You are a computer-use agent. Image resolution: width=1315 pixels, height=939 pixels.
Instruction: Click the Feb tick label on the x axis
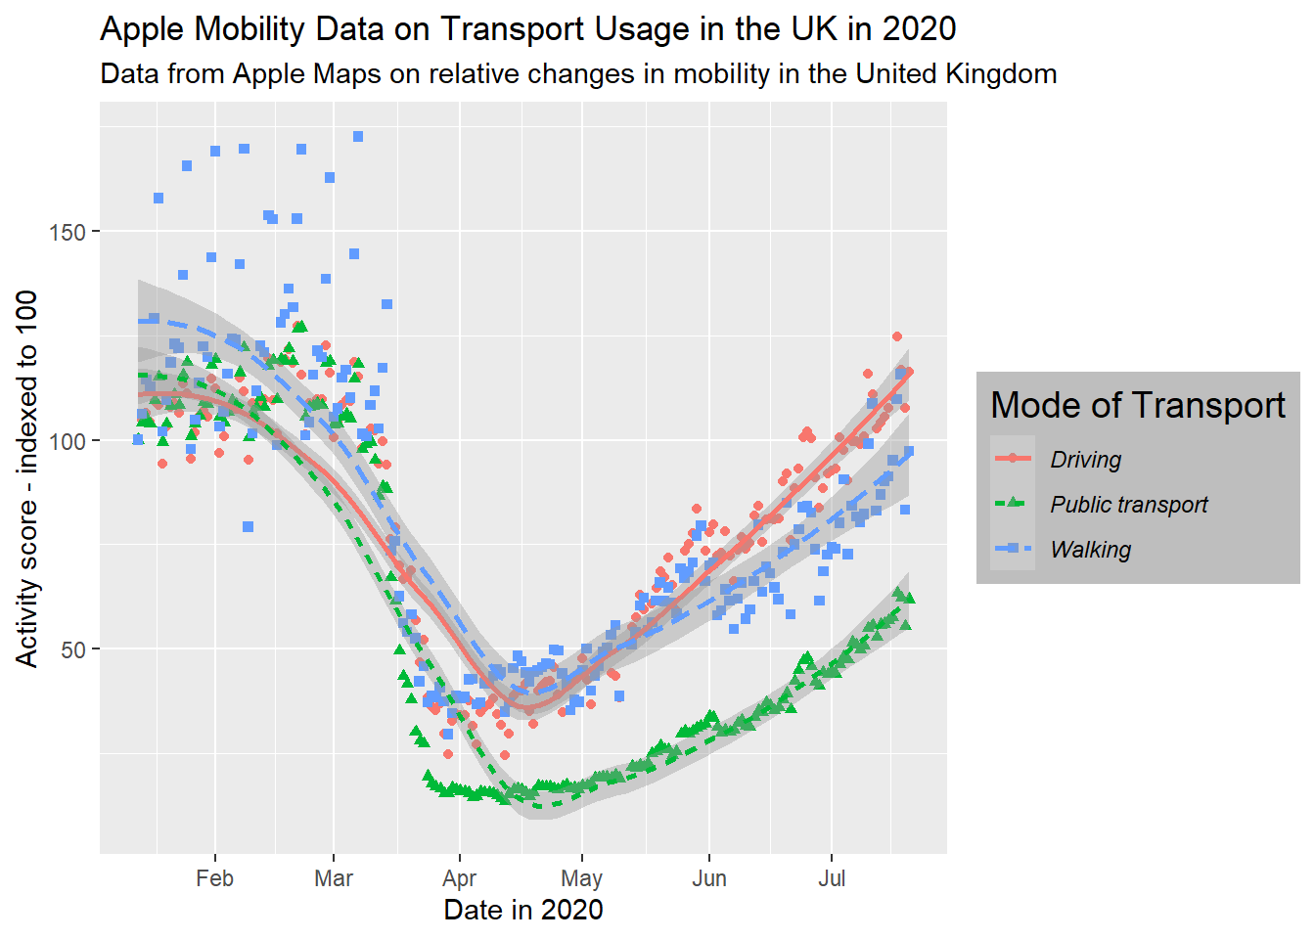click(x=214, y=878)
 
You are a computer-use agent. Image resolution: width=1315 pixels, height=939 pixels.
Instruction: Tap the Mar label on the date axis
click(x=334, y=878)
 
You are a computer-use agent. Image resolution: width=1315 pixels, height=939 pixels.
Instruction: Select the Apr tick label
click(x=459, y=878)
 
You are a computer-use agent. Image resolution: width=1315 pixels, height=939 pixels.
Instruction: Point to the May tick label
click(x=581, y=878)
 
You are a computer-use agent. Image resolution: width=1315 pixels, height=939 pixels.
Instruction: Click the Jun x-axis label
click(x=709, y=878)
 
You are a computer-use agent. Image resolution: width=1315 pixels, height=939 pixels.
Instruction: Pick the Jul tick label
click(x=832, y=878)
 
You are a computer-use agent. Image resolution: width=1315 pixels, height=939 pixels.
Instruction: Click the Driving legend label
click(x=1085, y=460)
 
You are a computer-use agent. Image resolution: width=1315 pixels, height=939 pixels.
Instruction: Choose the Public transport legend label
click(x=1128, y=505)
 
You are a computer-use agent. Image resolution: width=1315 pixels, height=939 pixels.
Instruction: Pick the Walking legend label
click(x=1090, y=550)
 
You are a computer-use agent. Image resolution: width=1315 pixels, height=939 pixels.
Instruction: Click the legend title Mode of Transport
click(x=1137, y=405)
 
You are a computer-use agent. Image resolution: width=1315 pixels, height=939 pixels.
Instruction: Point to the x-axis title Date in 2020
click(x=522, y=911)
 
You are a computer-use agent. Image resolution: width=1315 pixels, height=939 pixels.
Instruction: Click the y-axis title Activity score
click(x=26, y=478)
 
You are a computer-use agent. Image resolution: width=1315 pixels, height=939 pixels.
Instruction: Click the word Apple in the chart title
click(x=143, y=29)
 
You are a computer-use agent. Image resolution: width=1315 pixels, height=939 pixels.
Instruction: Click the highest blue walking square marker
click(x=358, y=137)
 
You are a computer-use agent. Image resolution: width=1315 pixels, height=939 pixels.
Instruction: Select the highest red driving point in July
click(x=896, y=336)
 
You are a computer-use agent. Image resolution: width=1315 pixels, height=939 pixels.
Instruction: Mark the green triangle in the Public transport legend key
click(x=1013, y=504)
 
